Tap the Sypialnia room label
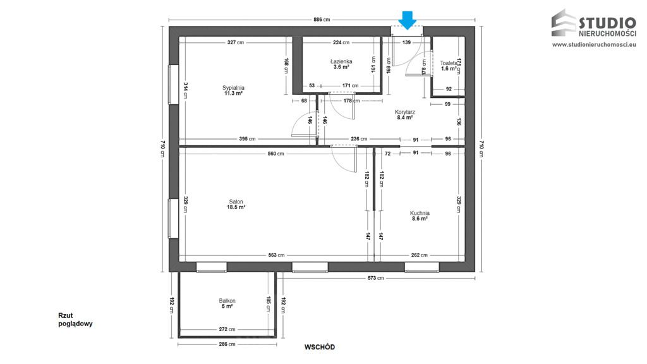coord(233,88)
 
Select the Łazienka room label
coord(341,61)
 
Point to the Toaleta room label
coord(449,63)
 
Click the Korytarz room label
coord(404,111)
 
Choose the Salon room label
coord(236,202)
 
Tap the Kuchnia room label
coord(420,213)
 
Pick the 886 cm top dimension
coord(322,20)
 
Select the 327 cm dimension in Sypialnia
coord(236,43)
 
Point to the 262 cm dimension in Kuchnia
coord(420,255)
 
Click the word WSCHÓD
coord(319,347)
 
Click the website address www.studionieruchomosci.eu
coord(593,45)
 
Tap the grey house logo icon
coord(564,23)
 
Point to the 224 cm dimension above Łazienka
coord(341,43)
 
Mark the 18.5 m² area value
coord(236,207)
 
